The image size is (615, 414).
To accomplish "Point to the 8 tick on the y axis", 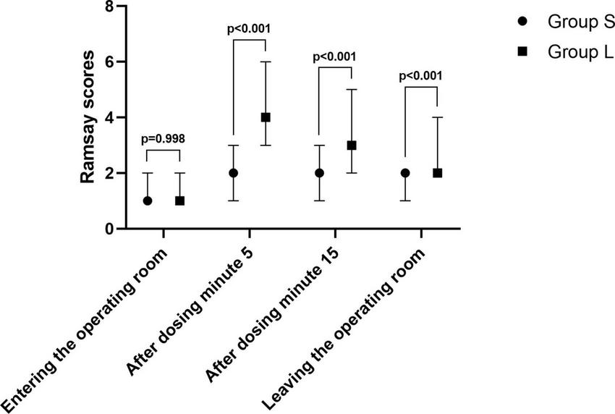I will click(109, 7).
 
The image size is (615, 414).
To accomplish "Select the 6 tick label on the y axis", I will click(109, 63).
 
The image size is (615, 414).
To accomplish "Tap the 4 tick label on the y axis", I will click(109, 118).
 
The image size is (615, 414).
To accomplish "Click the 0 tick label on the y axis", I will click(109, 229).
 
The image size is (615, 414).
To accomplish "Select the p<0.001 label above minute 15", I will click(335, 56).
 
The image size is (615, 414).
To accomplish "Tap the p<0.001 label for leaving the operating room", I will click(421, 75).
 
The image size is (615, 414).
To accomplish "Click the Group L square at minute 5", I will click(266, 117).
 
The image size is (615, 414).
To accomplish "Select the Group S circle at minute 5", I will click(233, 173).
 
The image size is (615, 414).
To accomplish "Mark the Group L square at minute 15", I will click(351, 145).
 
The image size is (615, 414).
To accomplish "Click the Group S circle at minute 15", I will click(319, 173).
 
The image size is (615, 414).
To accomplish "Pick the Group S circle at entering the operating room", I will click(148, 200).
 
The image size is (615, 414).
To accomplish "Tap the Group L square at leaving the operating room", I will click(437, 173).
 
